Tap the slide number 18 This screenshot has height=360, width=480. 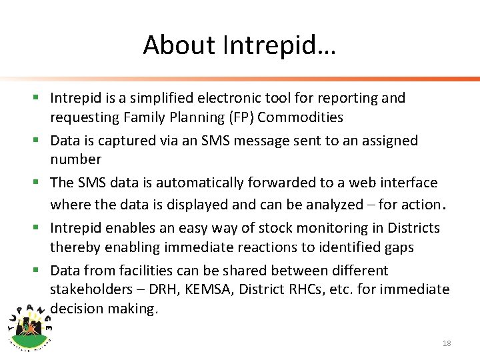[x=447, y=343]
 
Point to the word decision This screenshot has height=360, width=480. [x=77, y=309]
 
